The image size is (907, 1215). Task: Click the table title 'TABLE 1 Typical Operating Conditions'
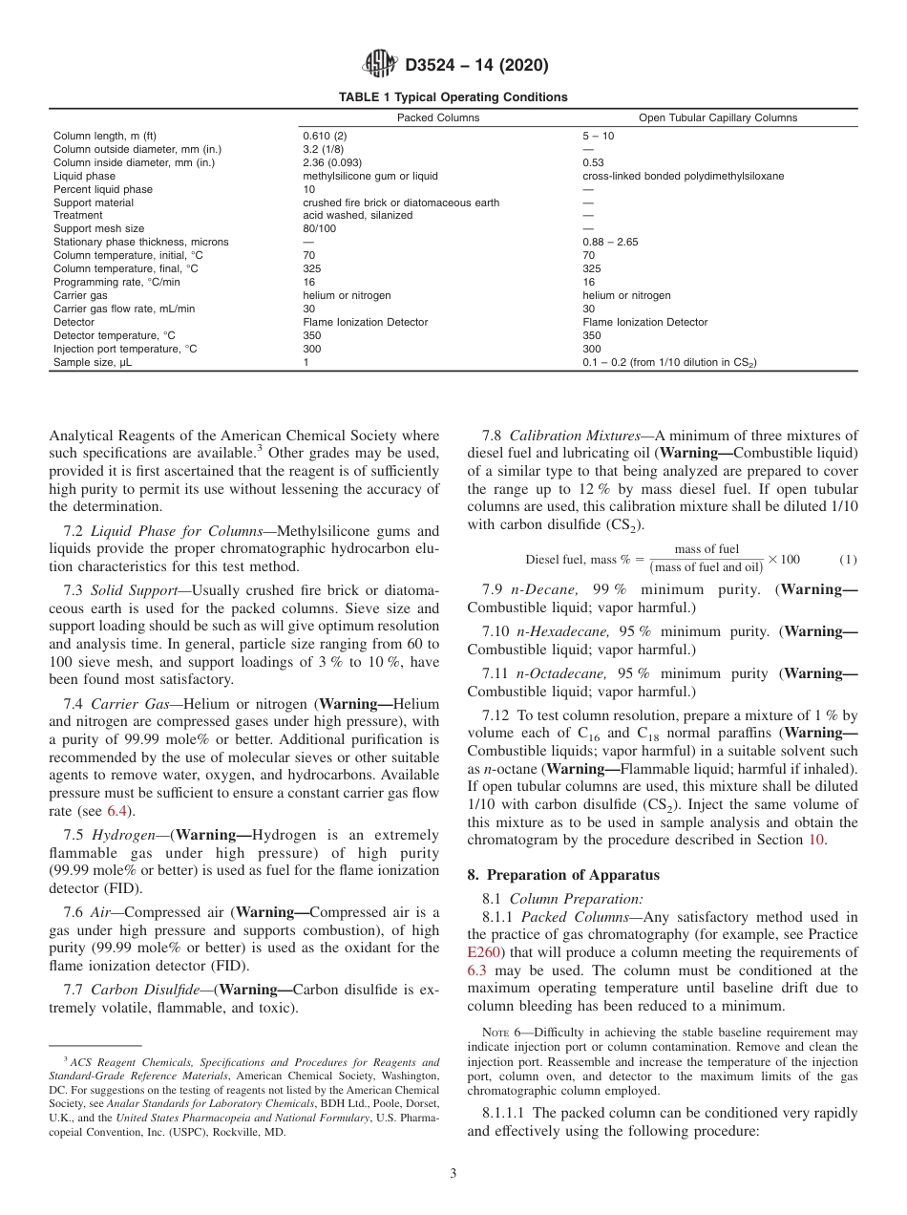(x=453, y=97)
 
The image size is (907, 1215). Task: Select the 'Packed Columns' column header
(x=438, y=118)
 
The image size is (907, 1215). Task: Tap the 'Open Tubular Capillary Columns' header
(x=718, y=118)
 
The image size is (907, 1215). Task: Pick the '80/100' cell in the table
(x=320, y=229)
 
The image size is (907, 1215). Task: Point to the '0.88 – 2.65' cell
(x=610, y=243)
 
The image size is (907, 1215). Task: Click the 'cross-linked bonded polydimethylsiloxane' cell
(x=683, y=177)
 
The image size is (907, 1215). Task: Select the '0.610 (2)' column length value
(x=325, y=136)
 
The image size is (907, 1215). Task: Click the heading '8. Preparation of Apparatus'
(x=563, y=876)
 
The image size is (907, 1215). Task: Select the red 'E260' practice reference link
(x=483, y=952)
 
